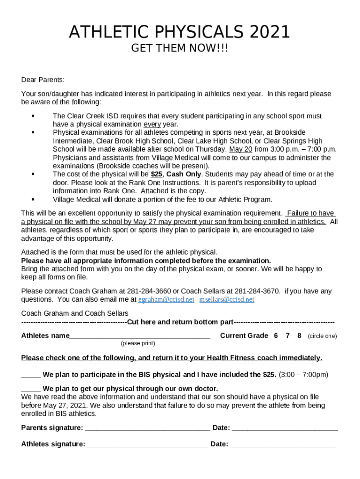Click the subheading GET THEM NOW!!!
pos(180,49)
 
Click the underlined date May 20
pos(241,150)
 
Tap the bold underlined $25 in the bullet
pos(157,174)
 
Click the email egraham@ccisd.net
pos(166,299)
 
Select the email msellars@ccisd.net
pos(227,299)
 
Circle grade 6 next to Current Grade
pos(276,336)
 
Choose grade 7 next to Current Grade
pos(288,336)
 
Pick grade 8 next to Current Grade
pos(299,336)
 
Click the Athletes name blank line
pos(140,336)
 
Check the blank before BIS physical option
pos(31,375)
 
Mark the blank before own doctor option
pos(31,389)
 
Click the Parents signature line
pos(148,428)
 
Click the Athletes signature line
pos(148,444)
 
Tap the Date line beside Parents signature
pos(285,428)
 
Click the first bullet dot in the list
pos(32,116)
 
